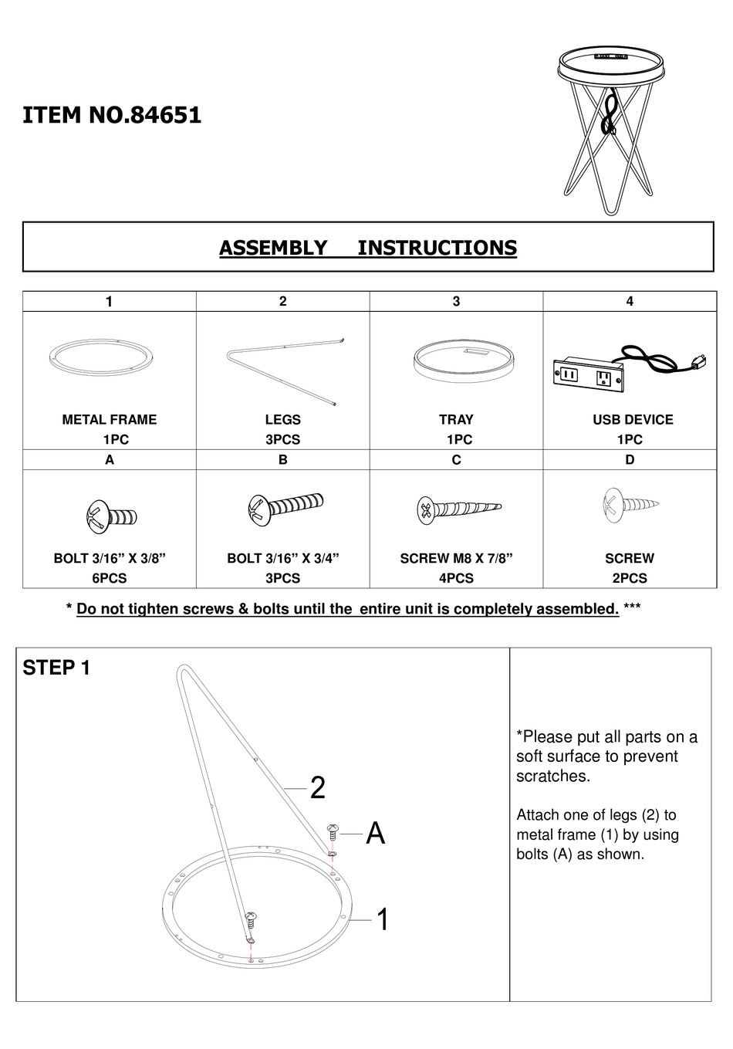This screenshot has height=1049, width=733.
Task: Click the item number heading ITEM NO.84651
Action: coord(112,116)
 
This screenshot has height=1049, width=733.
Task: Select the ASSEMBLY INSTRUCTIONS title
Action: coord(367,248)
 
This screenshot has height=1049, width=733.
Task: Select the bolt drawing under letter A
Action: coord(110,516)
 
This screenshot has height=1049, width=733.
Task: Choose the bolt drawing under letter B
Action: coord(282,509)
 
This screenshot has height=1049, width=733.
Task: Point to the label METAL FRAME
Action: coord(110,420)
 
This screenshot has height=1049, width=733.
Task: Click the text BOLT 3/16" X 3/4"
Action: coord(282,558)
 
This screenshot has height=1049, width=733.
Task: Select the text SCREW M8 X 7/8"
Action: coord(456,558)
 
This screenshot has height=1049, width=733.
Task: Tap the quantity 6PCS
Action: coord(110,578)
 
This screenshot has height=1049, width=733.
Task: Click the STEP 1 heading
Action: coord(56,668)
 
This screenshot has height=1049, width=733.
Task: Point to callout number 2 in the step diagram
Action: coord(317,788)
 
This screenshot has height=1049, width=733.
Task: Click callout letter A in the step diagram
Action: coord(375,834)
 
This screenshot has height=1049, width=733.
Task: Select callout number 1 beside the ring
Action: coord(382,920)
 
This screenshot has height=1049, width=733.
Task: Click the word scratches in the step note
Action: coord(552,777)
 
